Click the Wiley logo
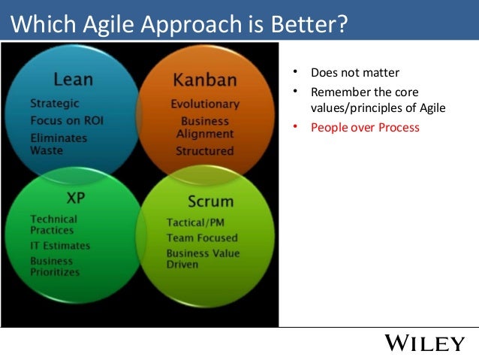pyautogui.click(x=424, y=344)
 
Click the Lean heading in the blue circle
pyautogui.click(x=73, y=79)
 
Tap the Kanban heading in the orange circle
pyautogui.click(x=204, y=80)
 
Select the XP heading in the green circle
pyautogui.click(x=75, y=198)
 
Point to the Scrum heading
pyautogui.click(x=210, y=201)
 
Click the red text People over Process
pyautogui.click(x=365, y=128)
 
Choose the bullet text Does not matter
pyautogui.click(x=355, y=73)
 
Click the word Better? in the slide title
pyautogui.click(x=309, y=26)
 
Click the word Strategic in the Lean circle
pyautogui.click(x=55, y=103)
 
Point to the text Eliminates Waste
pyautogui.click(x=59, y=144)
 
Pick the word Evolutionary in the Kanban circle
pyautogui.click(x=205, y=104)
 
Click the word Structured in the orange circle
pyautogui.click(x=205, y=151)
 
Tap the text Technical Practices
pyautogui.click(x=54, y=224)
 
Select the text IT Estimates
pyautogui.click(x=60, y=246)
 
